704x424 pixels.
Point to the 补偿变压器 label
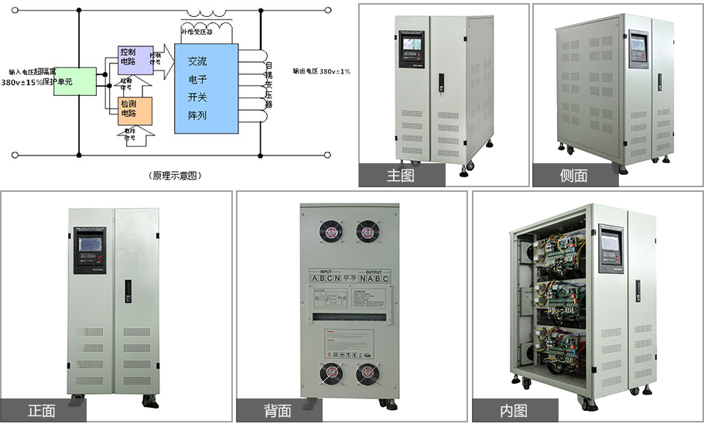pyautogui.click(x=205, y=32)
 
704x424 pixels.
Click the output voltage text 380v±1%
pyautogui.click(x=321, y=71)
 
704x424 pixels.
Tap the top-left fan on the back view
pyautogui.click(x=329, y=232)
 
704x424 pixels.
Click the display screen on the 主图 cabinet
pyautogui.click(x=411, y=53)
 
